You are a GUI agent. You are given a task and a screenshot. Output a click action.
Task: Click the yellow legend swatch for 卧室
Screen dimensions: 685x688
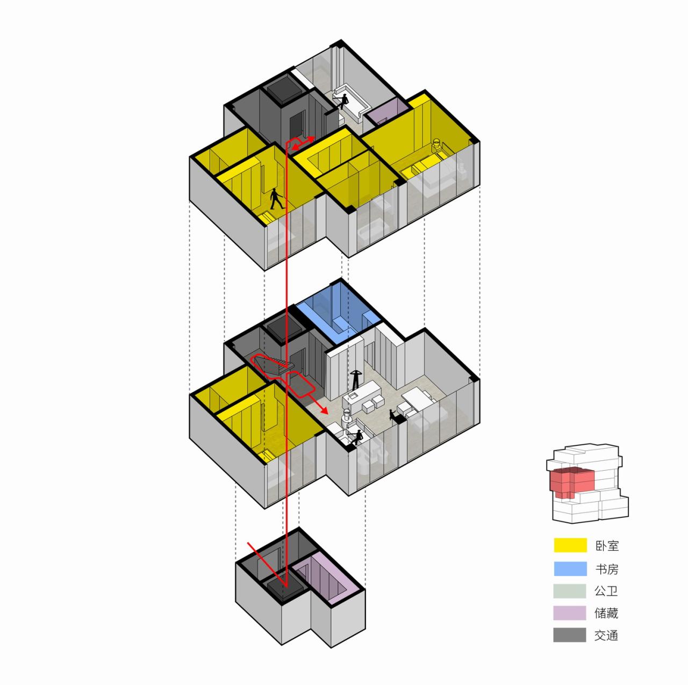pyautogui.click(x=570, y=545)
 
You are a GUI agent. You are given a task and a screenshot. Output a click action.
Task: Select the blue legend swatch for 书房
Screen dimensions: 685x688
pyautogui.click(x=570, y=568)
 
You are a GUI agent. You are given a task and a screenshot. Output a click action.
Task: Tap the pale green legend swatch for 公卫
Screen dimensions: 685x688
pyautogui.click(x=570, y=590)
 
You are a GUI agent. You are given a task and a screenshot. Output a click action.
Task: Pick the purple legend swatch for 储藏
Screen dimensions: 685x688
pyautogui.click(x=570, y=612)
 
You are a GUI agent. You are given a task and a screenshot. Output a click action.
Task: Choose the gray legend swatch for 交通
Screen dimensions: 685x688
pyautogui.click(x=570, y=635)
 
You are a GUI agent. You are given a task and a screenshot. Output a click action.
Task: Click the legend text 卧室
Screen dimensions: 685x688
pyautogui.click(x=606, y=546)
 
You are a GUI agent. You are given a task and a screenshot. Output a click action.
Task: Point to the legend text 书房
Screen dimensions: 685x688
pyautogui.click(x=606, y=568)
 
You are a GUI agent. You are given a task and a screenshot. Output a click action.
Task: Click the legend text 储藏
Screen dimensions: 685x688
pyautogui.click(x=606, y=612)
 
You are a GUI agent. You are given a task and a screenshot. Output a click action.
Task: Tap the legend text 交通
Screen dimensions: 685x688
pyautogui.click(x=606, y=635)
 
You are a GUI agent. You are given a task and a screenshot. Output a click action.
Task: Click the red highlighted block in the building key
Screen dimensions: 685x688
pyautogui.click(x=571, y=482)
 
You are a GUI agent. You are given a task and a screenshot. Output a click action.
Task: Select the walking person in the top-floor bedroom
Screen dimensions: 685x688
pyautogui.click(x=276, y=199)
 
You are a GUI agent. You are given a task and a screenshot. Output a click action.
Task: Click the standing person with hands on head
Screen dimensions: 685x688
pyautogui.click(x=355, y=379)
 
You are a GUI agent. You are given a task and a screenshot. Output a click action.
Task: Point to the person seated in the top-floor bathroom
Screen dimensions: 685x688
pyautogui.click(x=342, y=101)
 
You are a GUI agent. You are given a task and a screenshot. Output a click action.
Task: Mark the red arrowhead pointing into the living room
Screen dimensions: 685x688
pyautogui.click(x=324, y=409)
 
